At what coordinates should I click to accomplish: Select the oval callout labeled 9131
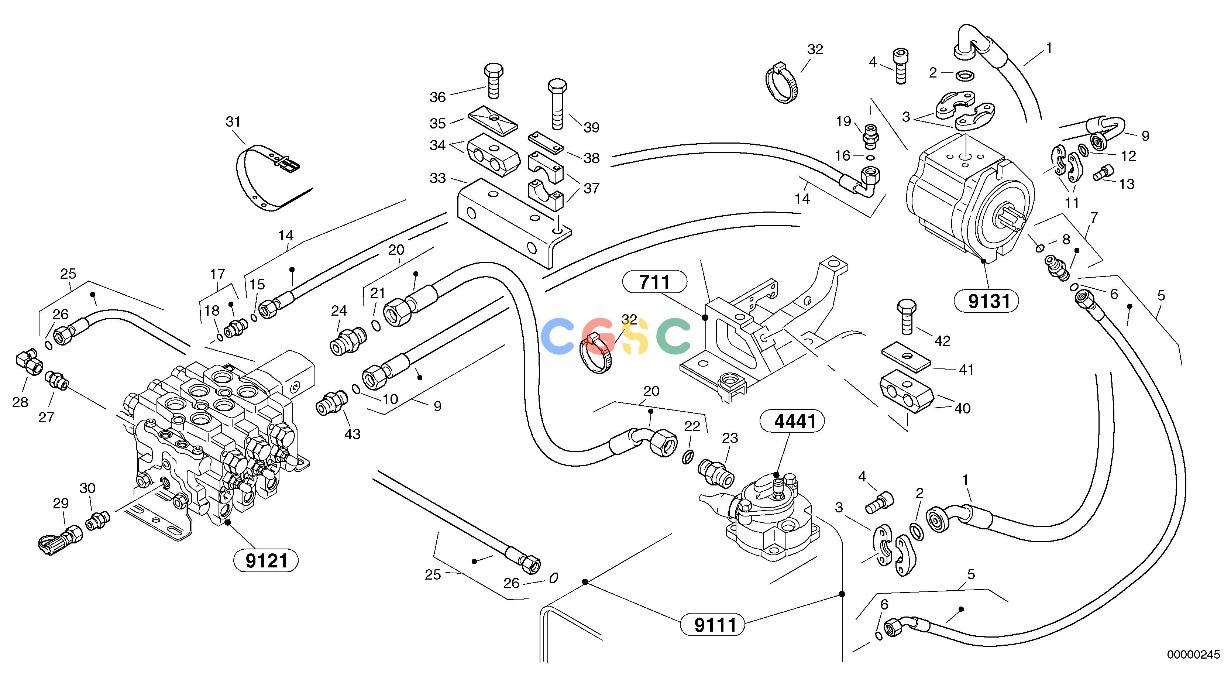(x=986, y=301)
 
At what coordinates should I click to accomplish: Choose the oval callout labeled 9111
(x=712, y=624)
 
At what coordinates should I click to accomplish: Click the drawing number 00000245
(x=1193, y=655)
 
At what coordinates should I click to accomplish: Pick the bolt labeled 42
(x=907, y=317)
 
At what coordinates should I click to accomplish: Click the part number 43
(x=352, y=434)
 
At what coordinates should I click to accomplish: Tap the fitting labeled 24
(x=348, y=341)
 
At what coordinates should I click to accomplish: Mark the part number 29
(x=61, y=503)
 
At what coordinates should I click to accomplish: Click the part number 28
(x=20, y=402)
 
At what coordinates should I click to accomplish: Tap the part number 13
(x=1126, y=184)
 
